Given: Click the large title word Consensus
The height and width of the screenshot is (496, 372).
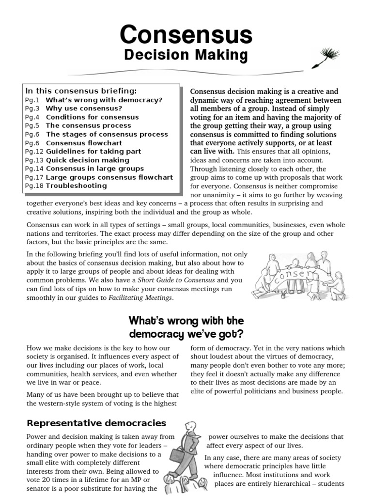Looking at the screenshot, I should point(186,35).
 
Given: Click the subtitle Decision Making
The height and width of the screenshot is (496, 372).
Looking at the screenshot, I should point(186,55).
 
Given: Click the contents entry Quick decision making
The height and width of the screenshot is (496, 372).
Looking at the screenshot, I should point(88,160).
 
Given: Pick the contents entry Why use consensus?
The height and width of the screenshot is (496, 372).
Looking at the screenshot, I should point(84,108).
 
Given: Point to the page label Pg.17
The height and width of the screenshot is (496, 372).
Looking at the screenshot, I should point(34,177).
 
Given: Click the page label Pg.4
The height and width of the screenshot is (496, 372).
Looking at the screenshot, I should point(33,117).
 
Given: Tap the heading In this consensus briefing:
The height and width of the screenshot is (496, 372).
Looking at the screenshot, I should point(81,91).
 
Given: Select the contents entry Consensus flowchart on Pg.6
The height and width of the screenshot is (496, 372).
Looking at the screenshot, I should point(84,143).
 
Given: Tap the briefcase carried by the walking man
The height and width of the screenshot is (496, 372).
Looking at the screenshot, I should point(176,455).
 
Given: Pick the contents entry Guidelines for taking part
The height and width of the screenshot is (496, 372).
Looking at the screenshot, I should point(93,152).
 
